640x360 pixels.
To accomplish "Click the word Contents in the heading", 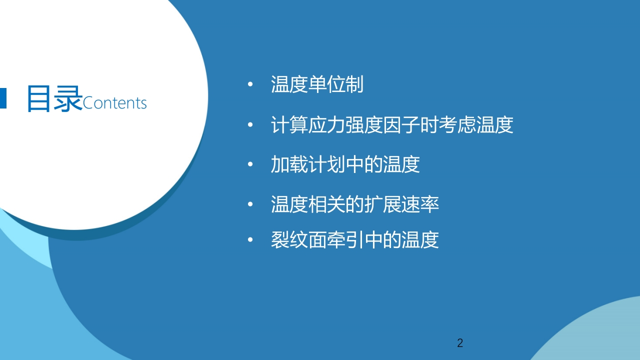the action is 114,103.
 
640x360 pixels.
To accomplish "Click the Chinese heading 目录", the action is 54,98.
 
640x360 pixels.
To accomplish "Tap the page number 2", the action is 460,343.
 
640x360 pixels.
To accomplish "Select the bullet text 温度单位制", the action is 317,84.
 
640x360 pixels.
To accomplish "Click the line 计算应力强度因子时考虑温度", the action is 392,124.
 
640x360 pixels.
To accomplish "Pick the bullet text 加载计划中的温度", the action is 345,164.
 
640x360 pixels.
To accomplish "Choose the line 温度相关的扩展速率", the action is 354,204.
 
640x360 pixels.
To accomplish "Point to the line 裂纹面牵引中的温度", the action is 354,239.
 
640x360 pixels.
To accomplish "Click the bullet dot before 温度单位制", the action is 250,84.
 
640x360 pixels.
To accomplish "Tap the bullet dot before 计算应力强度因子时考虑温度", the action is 250,124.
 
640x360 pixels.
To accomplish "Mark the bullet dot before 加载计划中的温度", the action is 250,164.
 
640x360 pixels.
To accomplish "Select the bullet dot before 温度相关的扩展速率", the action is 250,204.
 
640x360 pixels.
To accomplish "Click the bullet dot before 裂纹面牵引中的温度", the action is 250,239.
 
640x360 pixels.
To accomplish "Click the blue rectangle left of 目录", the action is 3,98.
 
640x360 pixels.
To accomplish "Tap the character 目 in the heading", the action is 38,98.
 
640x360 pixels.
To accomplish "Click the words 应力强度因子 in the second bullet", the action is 363,124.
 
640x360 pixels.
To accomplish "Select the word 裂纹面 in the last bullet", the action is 298,239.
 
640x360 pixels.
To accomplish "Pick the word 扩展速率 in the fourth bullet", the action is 401,204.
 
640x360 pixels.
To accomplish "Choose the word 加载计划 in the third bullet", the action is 308,164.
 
